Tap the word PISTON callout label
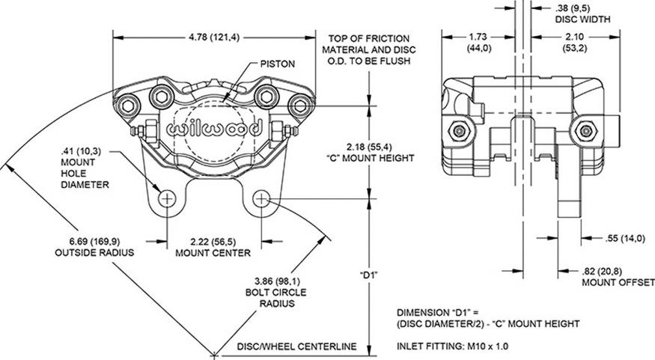tap(276, 64)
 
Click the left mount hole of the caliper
tap(166, 199)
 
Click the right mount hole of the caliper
tap(262, 199)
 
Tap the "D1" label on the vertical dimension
tap(368, 275)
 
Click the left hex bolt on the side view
tap(458, 131)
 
